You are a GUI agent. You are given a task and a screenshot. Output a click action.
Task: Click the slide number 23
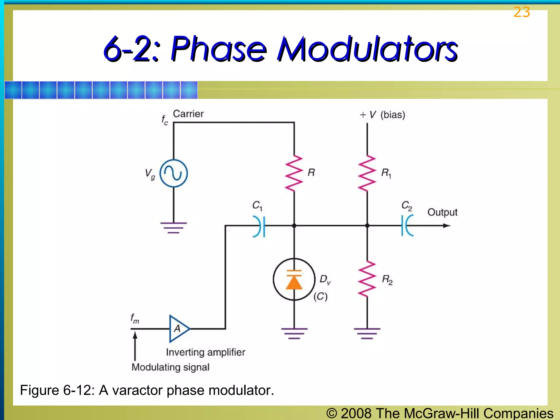[x=521, y=12]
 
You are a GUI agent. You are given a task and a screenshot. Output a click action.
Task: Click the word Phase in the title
[x=218, y=49]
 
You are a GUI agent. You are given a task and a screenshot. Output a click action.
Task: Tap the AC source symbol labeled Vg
[x=174, y=173]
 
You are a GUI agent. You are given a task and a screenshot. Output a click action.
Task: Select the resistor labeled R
[x=294, y=173]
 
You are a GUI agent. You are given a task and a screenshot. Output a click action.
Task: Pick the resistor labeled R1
[x=367, y=173]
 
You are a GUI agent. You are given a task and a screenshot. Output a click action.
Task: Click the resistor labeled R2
[x=367, y=279]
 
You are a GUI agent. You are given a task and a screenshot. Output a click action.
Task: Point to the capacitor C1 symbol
[x=259, y=226]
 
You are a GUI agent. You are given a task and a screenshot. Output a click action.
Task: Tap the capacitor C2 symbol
[x=407, y=226]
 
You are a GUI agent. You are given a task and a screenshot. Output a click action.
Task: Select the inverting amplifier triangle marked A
[x=178, y=329]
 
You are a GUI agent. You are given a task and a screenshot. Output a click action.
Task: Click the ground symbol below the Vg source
[x=174, y=227]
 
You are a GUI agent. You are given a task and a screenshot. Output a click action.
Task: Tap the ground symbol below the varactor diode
[x=294, y=333]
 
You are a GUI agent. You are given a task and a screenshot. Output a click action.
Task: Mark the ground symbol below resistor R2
[x=367, y=333]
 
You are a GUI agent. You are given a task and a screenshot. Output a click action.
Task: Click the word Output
[x=442, y=212]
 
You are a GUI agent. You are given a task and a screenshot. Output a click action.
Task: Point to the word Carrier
[x=188, y=114]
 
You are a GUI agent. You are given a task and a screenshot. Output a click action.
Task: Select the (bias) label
[x=393, y=115]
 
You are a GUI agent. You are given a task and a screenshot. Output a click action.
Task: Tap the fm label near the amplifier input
[x=135, y=319]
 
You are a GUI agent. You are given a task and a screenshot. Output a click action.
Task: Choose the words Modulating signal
[x=170, y=367]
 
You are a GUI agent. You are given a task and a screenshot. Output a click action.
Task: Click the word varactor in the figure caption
[x=138, y=390]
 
